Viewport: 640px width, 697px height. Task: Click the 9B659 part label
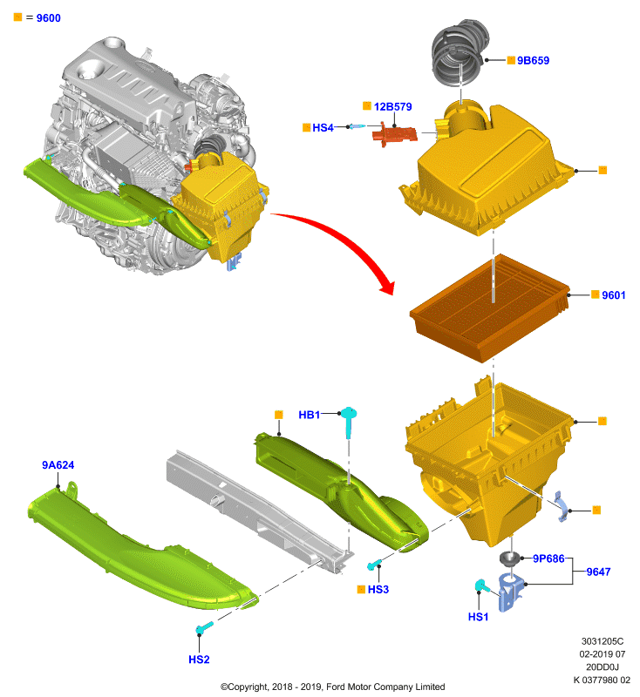[x=533, y=60]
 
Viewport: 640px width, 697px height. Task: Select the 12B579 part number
[x=392, y=106]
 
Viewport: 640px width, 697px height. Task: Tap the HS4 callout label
[x=323, y=127]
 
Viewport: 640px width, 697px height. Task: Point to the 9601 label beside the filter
[x=613, y=295]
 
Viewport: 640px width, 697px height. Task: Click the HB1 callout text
[x=310, y=415]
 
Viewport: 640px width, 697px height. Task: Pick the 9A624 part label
[x=58, y=465]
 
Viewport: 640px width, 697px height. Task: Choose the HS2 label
[x=199, y=660]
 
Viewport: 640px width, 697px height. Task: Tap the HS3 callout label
[x=378, y=590]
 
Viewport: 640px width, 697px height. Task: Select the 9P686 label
[x=548, y=558]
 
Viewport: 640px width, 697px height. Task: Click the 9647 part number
[x=598, y=572]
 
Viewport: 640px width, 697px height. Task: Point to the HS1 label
[x=478, y=617]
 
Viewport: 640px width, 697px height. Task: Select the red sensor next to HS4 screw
[x=394, y=134]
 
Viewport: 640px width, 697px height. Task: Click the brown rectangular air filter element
[x=489, y=308]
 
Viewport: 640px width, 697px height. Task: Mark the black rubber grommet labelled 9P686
[x=511, y=558]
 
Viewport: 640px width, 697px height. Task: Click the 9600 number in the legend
[x=49, y=18]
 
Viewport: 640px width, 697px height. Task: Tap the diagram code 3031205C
[x=603, y=641]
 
